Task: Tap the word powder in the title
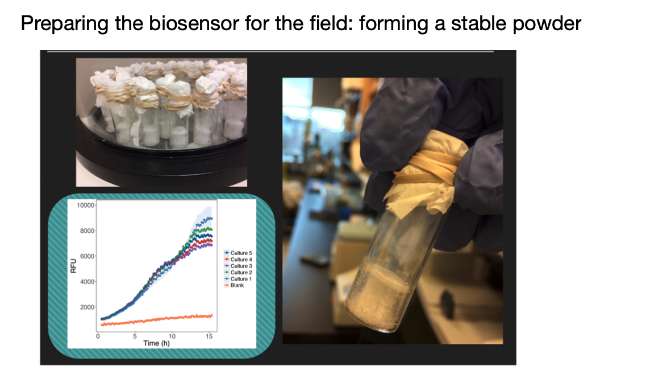pyautogui.click(x=547, y=24)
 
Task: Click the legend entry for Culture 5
pyautogui.click(x=238, y=253)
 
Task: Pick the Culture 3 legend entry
pyautogui.click(x=238, y=266)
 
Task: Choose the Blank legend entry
pyautogui.click(x=234, y=285)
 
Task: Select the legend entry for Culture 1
pyautogui.click(x=238, y=279)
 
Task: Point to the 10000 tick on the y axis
pyautogui.click(x=85, y=205)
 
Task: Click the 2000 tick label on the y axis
pyautogui.click(x=87, y=307)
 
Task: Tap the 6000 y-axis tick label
pyautogui.click(x=87, y=256)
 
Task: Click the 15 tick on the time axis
pyautogui.click(x=209, y=336)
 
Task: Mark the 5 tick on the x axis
pyautogui.click(x=135, y=336)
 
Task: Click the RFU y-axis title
pyautogui.click(x=73, y=266)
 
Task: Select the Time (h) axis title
pyautogui.click(x=156, y=343)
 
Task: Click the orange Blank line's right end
pyautogui.click(x=212, y=316)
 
